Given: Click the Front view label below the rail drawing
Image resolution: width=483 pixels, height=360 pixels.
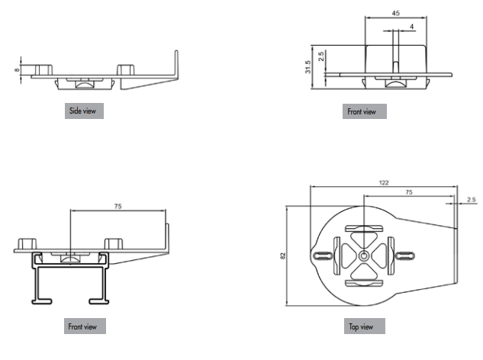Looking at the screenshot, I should click(84, 326).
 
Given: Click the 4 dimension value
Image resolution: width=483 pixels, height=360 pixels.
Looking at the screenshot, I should click(412, 28).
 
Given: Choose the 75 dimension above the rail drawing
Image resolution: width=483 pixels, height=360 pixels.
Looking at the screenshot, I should click(117, 206).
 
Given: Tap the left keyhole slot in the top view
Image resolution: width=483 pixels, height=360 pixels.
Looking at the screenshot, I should click(321, 256).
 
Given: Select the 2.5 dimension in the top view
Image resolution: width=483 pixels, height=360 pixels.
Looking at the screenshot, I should click(471, 200).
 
